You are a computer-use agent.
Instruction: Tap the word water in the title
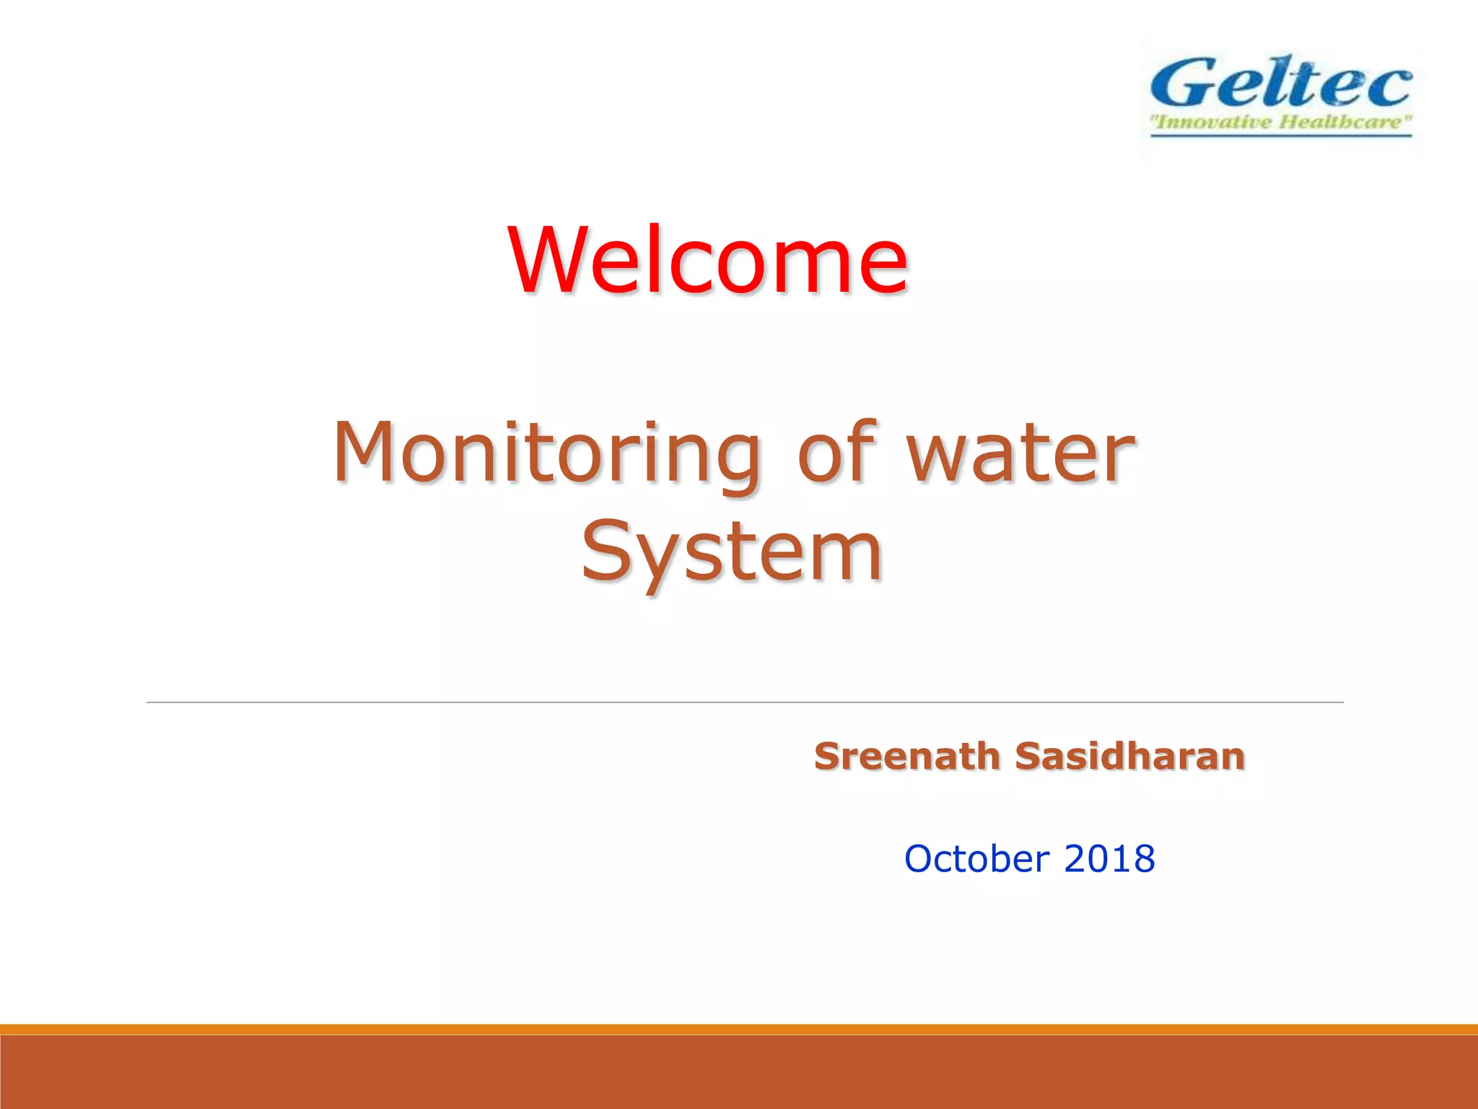(1020, 453)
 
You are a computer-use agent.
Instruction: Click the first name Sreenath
(906, 757)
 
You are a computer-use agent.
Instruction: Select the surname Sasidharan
(1129, 757)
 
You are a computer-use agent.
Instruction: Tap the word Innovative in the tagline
(1212, 121)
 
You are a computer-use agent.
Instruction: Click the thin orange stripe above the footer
(739, 1029)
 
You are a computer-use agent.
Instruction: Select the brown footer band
(739, 1072)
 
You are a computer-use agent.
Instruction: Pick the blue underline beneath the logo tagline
(1280, 135)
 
